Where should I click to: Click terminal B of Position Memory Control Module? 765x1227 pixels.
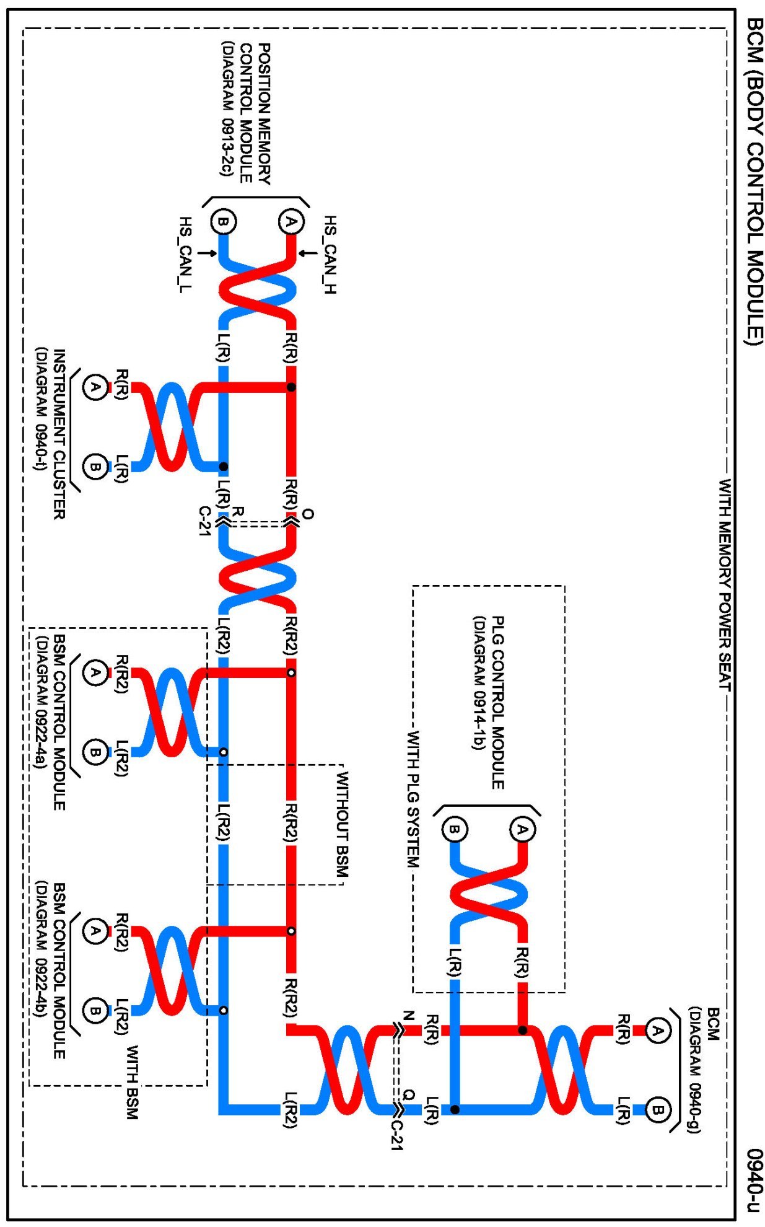click(x=223, y=222)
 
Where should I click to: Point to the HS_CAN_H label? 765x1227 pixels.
click(x=330, y=255)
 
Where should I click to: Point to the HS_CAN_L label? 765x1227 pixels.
click(x=185, y=255)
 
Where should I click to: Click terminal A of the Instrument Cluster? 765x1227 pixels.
click(x=95, y=387)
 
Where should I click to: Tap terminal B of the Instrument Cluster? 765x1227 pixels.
click(x=95, y=465)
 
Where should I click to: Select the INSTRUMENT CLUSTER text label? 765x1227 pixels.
click(x=59, y=434)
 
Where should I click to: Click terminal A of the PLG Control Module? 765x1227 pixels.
click(x=522, y=830)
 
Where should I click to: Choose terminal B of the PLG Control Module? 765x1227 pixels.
click(x=455, y=830)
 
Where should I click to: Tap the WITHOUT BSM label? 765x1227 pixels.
click(x=342, y=824)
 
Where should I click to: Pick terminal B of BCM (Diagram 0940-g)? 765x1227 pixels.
click(x=657, y=1110)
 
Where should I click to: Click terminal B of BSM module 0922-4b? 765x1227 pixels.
click(x=95, y=1011)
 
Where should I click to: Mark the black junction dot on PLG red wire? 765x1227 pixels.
click(x=523, y=1031)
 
